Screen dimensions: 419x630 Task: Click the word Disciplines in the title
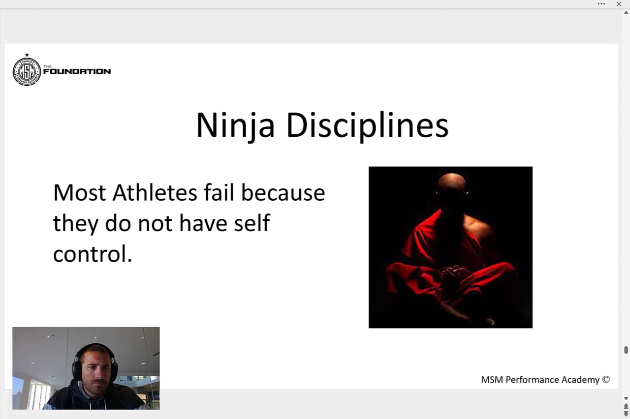coord(367,126)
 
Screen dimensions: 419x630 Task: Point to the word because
coord(283,193)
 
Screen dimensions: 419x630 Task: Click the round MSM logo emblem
coord(27,71)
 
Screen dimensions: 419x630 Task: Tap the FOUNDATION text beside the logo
coord(77,71)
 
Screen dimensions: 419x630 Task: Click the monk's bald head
coord(451,183)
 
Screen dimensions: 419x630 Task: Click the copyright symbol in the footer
coord(606,380)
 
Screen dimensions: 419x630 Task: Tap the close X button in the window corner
coord(619,4)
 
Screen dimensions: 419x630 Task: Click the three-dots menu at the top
coord(601,4)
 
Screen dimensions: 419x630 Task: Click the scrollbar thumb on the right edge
coord(626,350)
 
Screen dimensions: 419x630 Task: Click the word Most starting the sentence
coord(80,193)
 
